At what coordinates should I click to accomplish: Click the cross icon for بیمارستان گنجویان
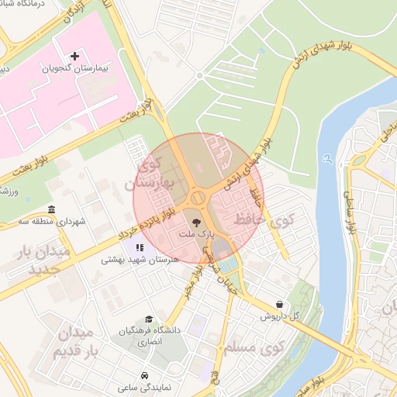(x=74, y=56)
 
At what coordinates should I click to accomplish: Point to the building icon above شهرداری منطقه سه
(x=51, y=209)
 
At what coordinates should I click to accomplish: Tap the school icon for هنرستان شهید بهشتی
(x=139, y=247)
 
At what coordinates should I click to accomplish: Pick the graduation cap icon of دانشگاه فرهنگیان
(x=148, y=319)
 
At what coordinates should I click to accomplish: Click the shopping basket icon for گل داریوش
(x=278, y=304)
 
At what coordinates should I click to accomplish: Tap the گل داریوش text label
(x=274, y=316)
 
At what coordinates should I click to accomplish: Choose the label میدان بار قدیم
(x=74, y=342)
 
